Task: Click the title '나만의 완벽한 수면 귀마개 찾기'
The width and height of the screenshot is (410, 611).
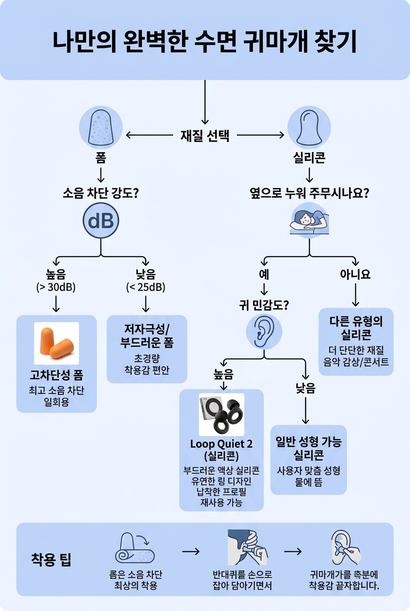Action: [205, 43]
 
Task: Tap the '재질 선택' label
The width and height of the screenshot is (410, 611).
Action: [205, 136]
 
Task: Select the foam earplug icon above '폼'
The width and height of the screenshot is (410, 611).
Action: [101, 128]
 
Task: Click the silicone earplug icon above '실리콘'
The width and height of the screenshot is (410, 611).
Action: [309, 128]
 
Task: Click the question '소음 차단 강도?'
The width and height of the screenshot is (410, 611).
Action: [101, 194]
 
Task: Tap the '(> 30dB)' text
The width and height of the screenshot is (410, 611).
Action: [56, 287]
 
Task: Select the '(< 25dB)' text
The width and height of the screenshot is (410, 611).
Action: [146, 287]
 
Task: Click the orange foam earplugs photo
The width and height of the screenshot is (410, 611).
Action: [56, 343]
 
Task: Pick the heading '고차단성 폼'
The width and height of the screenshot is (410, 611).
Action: [56, 376]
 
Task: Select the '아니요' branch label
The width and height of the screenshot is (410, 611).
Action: [355, 274]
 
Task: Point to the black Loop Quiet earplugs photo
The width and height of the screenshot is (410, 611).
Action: [221, 414]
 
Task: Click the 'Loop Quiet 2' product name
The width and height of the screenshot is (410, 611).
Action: [221, 444]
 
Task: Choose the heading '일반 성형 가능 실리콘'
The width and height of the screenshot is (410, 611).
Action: [308, 448]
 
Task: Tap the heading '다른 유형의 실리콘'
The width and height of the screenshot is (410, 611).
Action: [356, 328]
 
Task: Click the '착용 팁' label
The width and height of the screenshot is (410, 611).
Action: [51, 561]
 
